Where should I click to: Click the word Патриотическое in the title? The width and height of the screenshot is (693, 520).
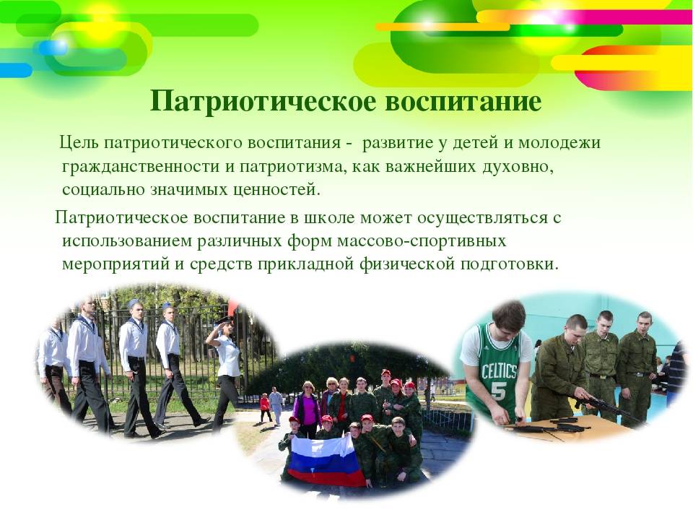coord(263,102)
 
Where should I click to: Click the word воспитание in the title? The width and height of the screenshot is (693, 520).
coord(463,102)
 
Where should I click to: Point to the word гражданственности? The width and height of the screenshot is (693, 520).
coord(140,167)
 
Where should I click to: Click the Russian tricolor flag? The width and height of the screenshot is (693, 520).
coord(326,460)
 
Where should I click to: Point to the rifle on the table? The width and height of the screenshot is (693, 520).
coord(605,407)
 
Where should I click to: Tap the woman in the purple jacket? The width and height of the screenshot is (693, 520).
coord(307,409)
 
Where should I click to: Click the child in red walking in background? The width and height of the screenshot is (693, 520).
coord(265,407)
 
